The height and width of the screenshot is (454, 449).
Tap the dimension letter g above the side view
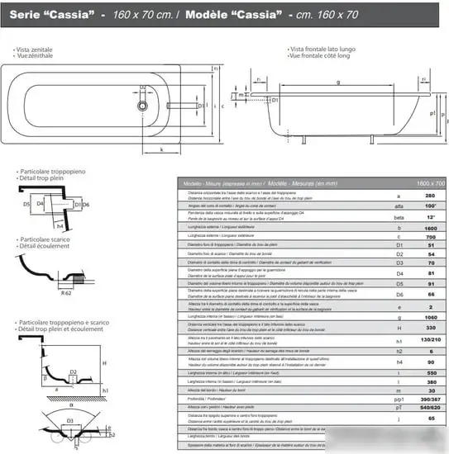[338, 83]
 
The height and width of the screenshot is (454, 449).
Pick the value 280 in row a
[429, 196]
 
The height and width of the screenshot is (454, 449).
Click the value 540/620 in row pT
[429, 429]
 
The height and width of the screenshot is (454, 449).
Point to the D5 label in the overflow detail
[26, 202]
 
